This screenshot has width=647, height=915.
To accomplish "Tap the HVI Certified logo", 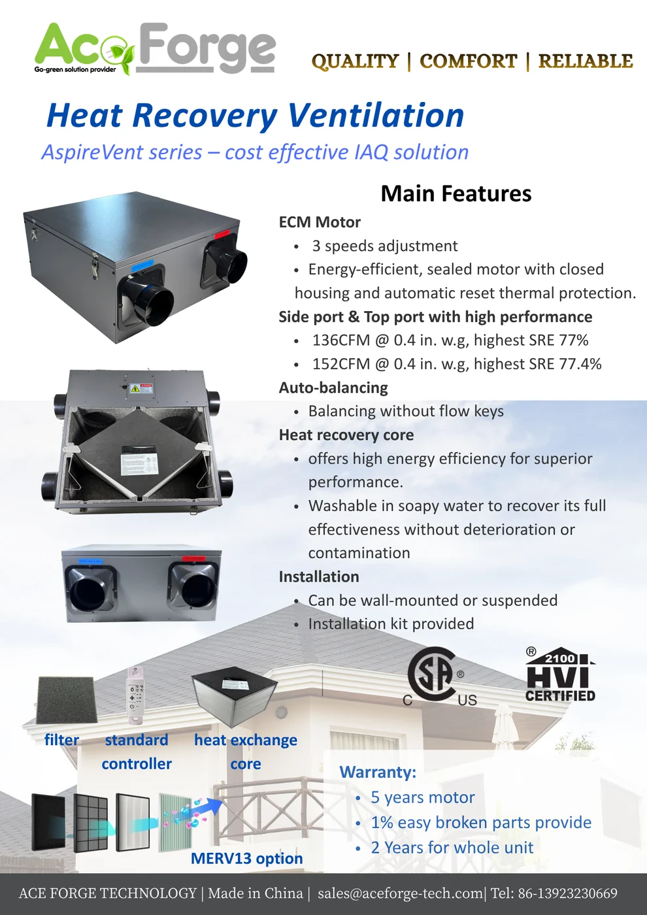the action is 560,674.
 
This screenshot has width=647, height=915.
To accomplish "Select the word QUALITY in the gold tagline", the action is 355,61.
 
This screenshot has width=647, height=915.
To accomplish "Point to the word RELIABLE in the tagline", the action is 586,61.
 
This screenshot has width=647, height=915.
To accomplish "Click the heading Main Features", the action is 456,193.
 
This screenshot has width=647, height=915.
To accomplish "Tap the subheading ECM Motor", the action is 320,222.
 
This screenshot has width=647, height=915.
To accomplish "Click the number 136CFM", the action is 340,340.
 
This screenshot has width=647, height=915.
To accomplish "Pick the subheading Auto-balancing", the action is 333,388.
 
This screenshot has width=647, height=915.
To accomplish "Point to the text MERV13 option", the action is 247,858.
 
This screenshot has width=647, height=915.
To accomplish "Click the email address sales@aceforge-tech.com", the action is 400,893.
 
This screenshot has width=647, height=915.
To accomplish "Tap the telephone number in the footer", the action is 568,893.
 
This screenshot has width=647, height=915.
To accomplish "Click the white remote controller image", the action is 136,695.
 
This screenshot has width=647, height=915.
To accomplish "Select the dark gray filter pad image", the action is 67,700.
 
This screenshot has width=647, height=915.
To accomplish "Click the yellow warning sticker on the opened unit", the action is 135,389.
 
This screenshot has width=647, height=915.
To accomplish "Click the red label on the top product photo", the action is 222,235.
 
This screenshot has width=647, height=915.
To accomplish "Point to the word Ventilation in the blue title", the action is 376,115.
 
